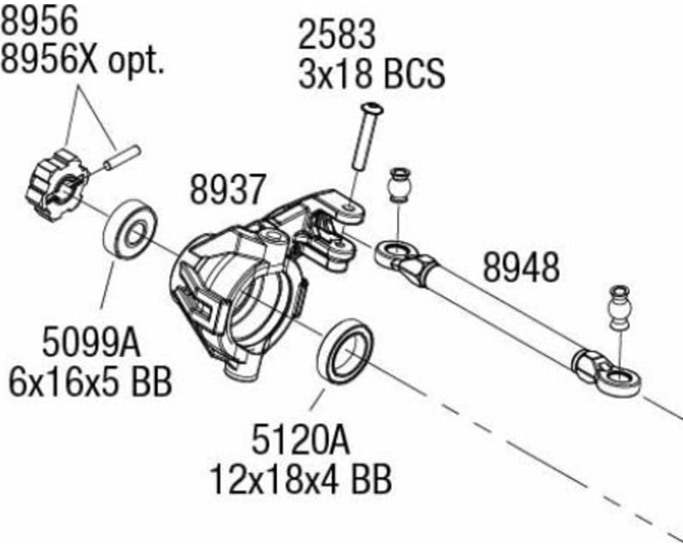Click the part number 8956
40,19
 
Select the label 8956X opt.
82,58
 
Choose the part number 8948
521,267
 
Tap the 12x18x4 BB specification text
301,479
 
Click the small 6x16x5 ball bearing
131,228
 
